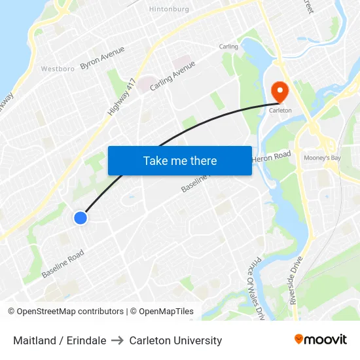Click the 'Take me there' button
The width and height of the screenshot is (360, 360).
[179, 160]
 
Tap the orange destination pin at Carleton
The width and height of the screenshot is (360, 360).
[279, 92]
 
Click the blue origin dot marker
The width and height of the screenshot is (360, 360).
[80, 218]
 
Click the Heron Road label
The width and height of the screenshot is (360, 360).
[270, 156]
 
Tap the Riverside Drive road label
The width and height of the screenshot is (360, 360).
[297, 281]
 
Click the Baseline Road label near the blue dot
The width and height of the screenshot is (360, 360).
[63, 263]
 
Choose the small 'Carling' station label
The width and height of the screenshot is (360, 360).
[228, 46]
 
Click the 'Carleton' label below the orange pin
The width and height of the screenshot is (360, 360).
[280, 111]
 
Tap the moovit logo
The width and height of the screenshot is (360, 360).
[320, 339]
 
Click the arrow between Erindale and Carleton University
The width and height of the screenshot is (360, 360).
[118, 340]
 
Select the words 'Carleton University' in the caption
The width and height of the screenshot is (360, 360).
[175, 340]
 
